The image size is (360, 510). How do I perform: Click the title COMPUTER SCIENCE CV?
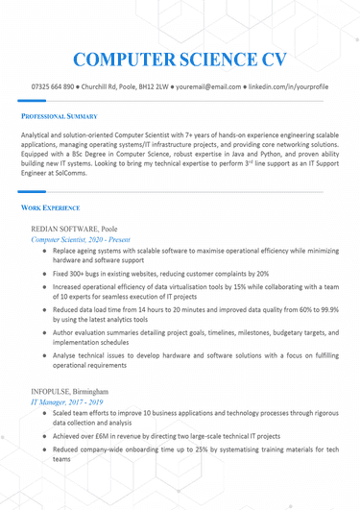coord(180,60)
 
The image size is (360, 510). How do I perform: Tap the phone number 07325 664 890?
coord(53,87)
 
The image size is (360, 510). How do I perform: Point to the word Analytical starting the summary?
coord(40,135)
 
